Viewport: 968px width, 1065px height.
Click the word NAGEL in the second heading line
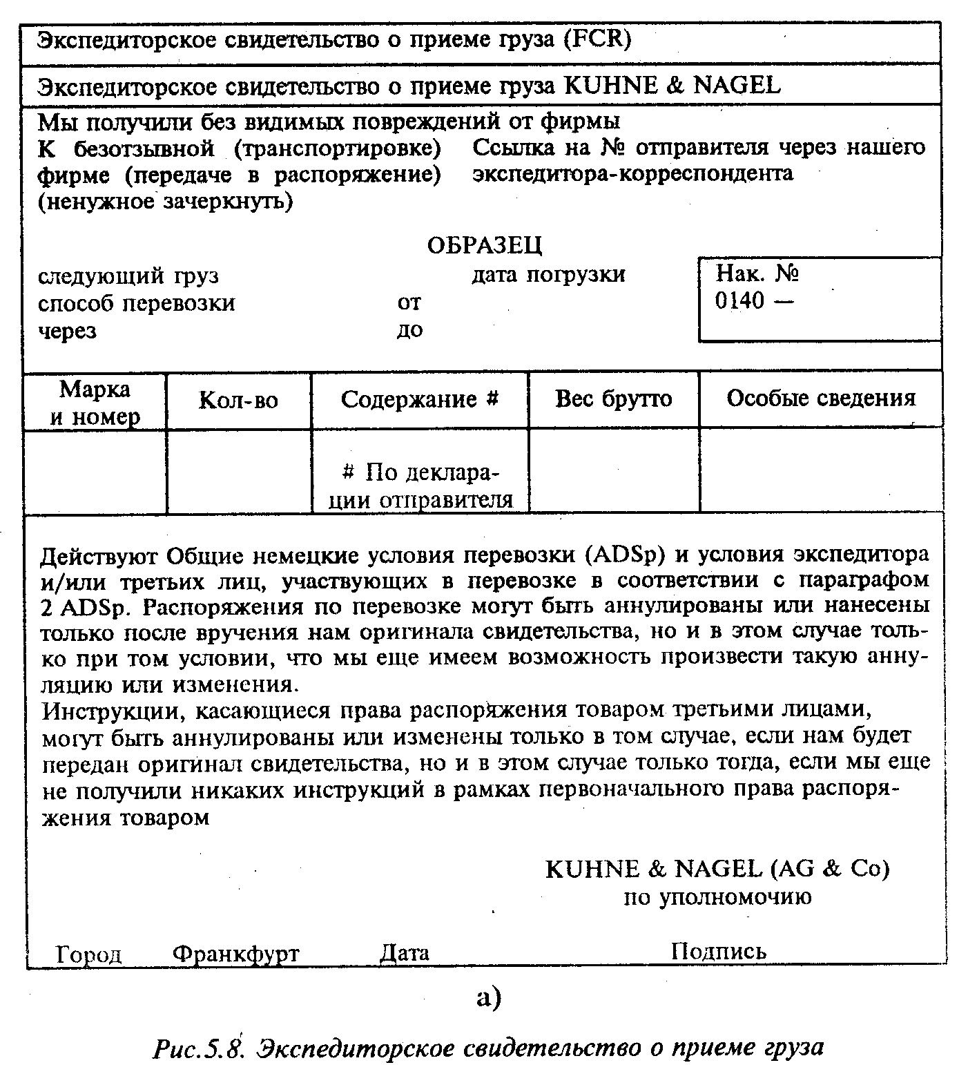coord(736,85)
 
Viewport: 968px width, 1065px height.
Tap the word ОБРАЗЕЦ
coord(485,244)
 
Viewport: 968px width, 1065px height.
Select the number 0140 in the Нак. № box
coord(740,301)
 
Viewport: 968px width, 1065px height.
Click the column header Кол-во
coord(238,401)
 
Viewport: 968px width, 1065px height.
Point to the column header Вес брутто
coord(613,399)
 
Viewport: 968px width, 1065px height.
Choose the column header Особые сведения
coord(821,398)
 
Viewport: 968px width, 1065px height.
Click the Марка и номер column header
coord(95,402)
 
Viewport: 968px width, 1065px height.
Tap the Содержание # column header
coord(420,399)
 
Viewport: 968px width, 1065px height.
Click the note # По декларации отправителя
coord(420,486)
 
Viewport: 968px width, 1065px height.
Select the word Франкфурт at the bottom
coord(235,954)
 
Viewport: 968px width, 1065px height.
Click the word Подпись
coord(718,951)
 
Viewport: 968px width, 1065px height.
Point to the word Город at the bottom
coord(89,954)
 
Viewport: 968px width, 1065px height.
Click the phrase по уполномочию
coord(717,897)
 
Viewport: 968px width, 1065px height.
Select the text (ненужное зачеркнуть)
coord(165,202)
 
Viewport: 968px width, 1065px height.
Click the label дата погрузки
coord(548,275)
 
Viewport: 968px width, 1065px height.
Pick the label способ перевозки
coord(136,303)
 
